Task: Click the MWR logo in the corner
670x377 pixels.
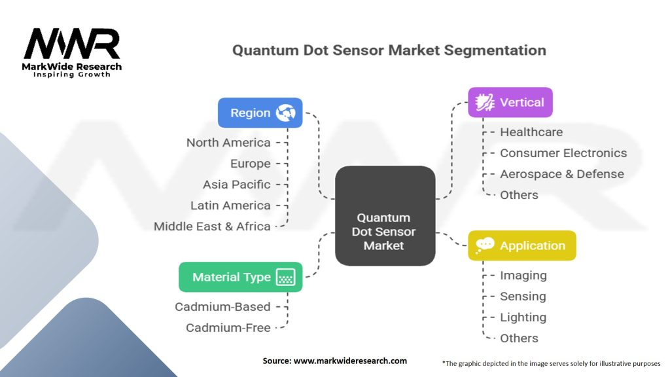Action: click(72, 52)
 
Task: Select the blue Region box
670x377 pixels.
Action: click(260, 113)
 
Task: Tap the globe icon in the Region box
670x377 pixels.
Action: click(285, 113)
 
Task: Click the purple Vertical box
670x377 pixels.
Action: click(510, 103)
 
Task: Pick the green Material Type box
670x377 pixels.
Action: click(241, 277)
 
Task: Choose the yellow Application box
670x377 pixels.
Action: click(521, 246)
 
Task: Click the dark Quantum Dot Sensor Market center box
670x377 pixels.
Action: click(385, 216)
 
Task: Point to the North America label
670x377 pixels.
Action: click(228, 142)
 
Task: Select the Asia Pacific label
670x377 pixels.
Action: click(236, 184)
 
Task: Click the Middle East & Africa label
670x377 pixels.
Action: click(212, 226)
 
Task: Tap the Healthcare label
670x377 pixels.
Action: click(531, 132)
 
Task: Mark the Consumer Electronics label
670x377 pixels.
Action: click(563, 153)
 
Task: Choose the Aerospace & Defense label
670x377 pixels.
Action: click(561, 174)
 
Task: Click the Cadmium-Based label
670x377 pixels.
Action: click(222, 306)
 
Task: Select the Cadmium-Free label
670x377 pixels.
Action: click(228, 327)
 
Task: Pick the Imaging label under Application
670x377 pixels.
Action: click(523, 276)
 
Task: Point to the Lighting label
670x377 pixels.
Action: click(523, 317)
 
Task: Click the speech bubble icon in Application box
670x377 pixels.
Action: click(485, 245)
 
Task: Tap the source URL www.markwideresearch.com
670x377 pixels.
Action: click(350, 361)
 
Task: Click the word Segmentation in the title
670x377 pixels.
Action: click(495, 50)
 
